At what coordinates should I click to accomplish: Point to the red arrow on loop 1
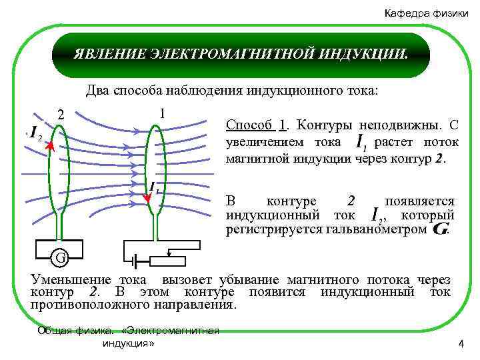click(x=148, y=196)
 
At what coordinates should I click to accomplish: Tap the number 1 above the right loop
click(x=163, y=113)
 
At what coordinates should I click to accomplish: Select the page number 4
click(x=460, y=343)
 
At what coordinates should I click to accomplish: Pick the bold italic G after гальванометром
click(x=440, y=229)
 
